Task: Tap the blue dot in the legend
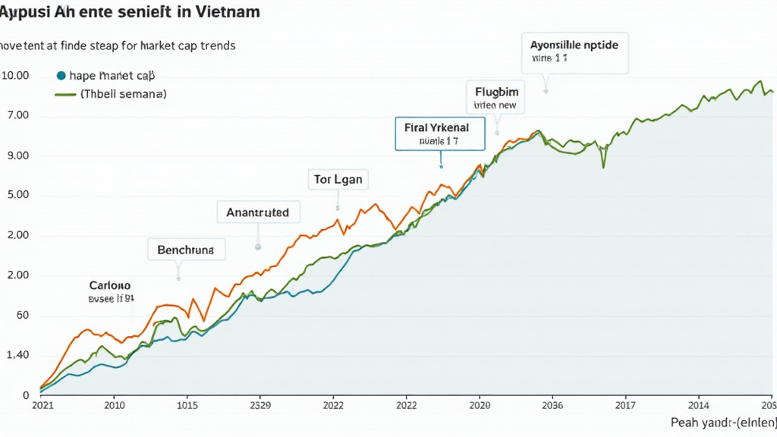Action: pyautogui.click(x=61, y=76)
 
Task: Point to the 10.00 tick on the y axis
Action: pyautogui.click(x=16, y=76)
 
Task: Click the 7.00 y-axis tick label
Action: pyautogui.click(x=17, y=115)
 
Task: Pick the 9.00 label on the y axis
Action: pyautogui.click(x=17, y=156)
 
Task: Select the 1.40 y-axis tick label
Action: pyautogui.click(x=17, y=355)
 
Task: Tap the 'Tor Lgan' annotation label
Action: pyautogui.click(x=338, y=180)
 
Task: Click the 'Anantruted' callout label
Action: pyautogui.click(x=258, y=212)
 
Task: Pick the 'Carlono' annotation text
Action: pyautogui.click(x=111, y=286)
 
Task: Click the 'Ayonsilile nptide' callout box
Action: pyautogui.click(x=574, y=51)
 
